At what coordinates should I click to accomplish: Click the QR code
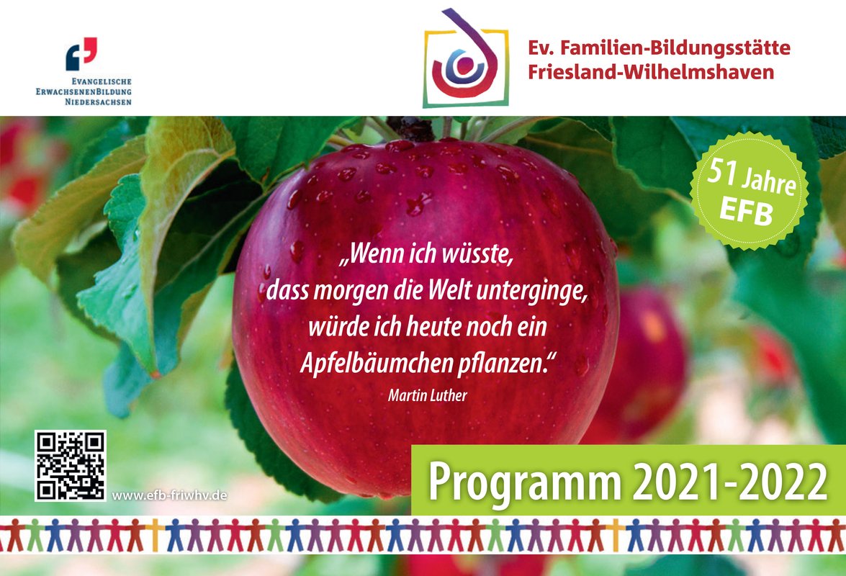70,465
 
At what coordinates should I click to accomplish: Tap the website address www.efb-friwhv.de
169,495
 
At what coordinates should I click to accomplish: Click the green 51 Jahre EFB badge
749,191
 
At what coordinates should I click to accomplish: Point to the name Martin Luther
427,395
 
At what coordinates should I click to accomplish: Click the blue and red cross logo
81,54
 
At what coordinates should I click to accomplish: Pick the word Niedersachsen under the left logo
98,102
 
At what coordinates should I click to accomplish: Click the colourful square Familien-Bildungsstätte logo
466,59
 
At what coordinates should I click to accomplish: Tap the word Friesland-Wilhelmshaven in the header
651,72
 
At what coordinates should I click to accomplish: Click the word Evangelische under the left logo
102,81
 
